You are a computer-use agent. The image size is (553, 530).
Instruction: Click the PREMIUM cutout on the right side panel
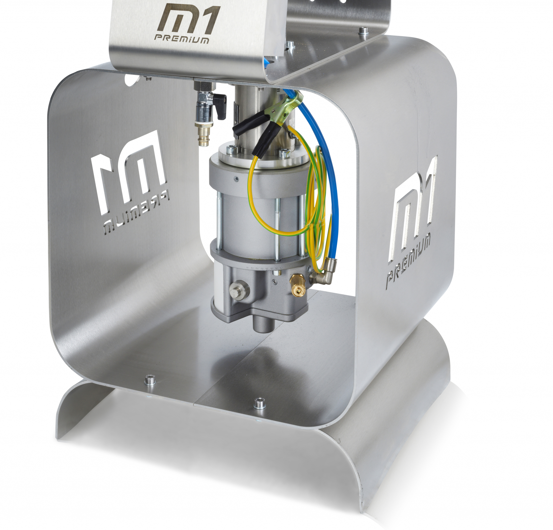408,259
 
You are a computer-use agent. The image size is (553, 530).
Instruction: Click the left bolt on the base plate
148,381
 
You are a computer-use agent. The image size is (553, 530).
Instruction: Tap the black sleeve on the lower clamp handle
266,140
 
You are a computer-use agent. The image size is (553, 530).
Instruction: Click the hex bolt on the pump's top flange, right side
284,153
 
